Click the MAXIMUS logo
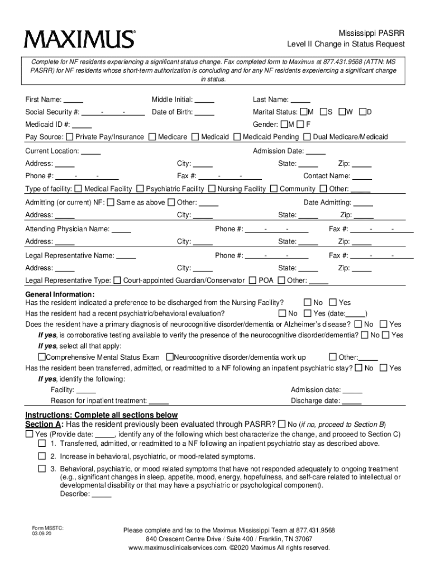click(x=79, y=39)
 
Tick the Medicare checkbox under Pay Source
click(x=152, y=137)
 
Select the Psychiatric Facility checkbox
click(x=141, y=189)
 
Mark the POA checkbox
click(x=253, y=280)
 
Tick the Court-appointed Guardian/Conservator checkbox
click(x=117, y=280)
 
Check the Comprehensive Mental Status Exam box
click(x=41, y=357)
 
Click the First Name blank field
click(x=74, y=100)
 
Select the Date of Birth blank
click(x=204, y=112)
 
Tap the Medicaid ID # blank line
click(x=82, y=125)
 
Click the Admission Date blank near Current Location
click(x=316, y=151)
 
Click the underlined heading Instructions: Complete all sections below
click(x=102, y=415)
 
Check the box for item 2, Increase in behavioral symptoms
click(x=42, y=456)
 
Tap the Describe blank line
click(x=101, y=494)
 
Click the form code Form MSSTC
click(x=44, y=527)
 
